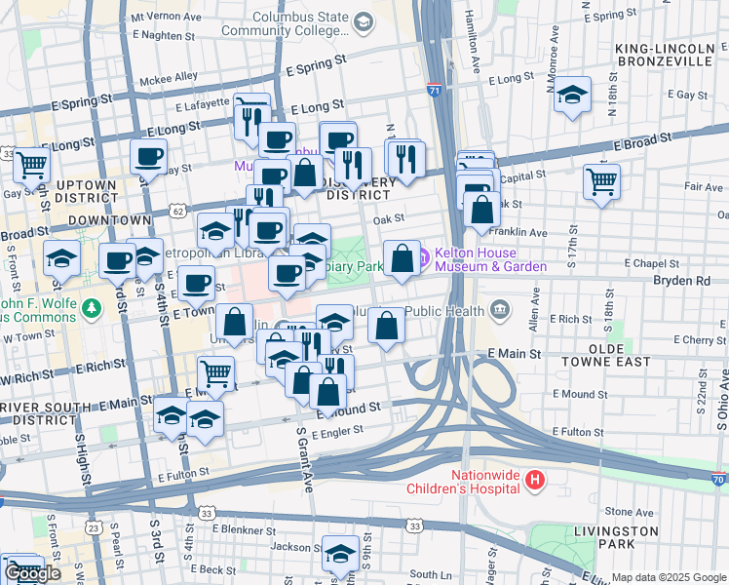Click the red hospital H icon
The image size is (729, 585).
534,479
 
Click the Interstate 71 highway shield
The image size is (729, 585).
434,91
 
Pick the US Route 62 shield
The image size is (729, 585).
176,211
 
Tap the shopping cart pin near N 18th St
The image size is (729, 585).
601,180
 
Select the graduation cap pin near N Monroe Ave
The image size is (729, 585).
573,95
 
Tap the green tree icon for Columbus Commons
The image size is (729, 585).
93,308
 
